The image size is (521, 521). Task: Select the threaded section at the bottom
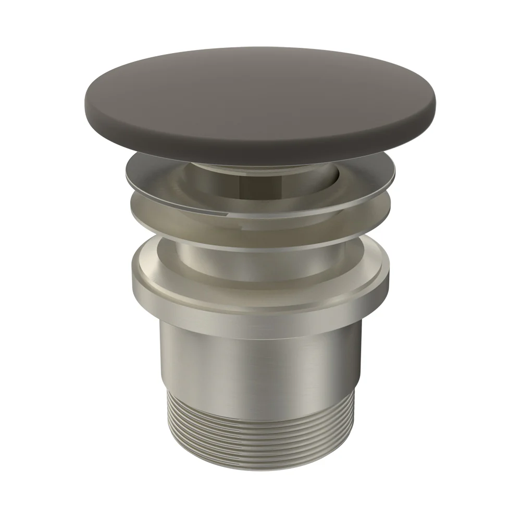pos(260,432)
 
